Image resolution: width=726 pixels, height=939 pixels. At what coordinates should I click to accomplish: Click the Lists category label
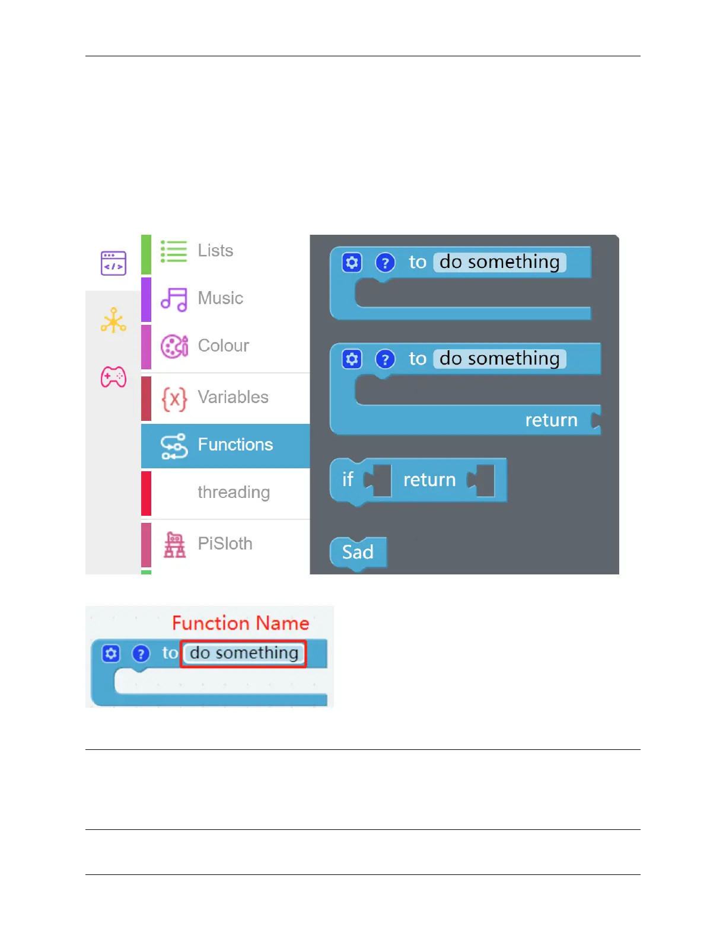pos(215,251)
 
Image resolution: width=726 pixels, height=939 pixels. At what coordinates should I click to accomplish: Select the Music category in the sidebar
pos(220,298)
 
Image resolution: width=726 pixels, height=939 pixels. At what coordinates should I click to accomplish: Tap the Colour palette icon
pos(174,346)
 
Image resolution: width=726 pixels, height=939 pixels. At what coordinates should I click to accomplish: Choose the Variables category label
pos(233,397)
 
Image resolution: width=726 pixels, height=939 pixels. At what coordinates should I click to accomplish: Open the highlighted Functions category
pos(235,445)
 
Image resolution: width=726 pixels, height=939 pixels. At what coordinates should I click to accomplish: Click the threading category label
pos(234,493)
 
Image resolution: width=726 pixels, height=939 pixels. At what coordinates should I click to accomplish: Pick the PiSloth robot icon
pos(174,544)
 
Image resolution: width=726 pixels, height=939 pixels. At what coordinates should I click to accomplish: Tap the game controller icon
pos(113,377)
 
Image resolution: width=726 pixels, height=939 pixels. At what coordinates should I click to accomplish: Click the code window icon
pos(113,263)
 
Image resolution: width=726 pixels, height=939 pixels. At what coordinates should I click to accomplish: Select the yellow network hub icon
pos(113,321)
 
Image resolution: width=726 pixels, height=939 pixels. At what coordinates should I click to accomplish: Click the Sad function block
pos(358,552)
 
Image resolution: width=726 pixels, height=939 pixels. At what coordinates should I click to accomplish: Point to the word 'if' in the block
pos(348,480)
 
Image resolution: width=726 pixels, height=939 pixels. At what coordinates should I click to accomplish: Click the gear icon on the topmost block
pos(352,262)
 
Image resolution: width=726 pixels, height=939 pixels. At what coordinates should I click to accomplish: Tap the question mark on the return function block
pos(385,359)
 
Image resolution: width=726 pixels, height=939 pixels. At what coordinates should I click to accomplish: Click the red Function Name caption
pos(240,623)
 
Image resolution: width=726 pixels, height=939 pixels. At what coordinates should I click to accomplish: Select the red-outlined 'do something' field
pos(244,653)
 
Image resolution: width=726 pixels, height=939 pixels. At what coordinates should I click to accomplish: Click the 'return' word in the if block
pos(429,480)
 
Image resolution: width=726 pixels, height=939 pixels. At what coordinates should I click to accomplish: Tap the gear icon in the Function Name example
pos(111,653)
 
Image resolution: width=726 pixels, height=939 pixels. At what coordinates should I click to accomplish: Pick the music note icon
pos(174,299)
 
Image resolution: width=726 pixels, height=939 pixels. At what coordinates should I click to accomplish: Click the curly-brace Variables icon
pos(174,399)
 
